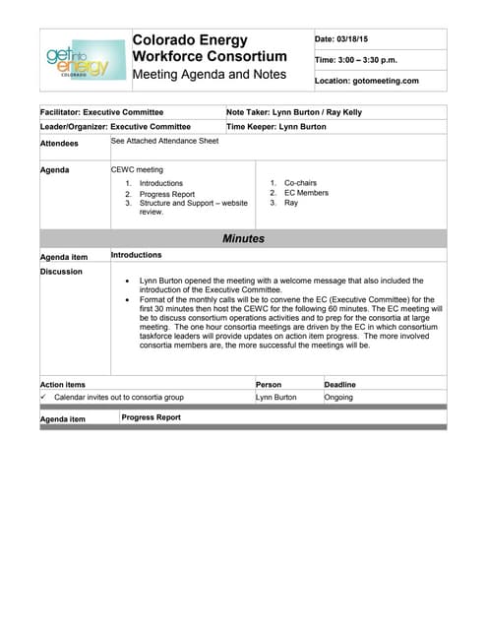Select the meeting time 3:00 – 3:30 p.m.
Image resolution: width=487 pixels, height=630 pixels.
coord(356,60)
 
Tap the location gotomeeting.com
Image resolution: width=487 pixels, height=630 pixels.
coord(367,81)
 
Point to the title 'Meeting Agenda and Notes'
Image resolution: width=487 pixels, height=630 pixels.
coord(210,75)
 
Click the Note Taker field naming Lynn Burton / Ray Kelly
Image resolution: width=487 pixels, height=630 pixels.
coord(294,112)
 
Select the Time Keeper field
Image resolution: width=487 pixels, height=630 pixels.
coord(276,126)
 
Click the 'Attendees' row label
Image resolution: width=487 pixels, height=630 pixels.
coord(59,143)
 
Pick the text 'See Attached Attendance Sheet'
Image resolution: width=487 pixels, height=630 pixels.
coord(164,141)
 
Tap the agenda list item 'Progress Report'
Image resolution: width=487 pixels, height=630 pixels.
coord(166,194)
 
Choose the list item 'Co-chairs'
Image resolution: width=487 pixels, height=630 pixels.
coord(301,183)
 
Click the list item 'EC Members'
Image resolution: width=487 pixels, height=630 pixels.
coord(306,193)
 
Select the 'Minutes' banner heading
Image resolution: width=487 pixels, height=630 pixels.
coord(243,238)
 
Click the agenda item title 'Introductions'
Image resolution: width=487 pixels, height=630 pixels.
coord(136,255)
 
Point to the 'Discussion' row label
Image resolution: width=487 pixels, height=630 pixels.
coord(61,271)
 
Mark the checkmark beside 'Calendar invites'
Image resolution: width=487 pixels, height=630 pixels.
coord(44,397)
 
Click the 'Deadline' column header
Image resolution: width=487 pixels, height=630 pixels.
coord(340,384)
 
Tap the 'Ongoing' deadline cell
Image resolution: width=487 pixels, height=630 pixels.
coord(338,397)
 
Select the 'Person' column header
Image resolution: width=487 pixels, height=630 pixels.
coord(269,384)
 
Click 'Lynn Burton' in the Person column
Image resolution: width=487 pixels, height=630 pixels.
coord(275,397)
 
